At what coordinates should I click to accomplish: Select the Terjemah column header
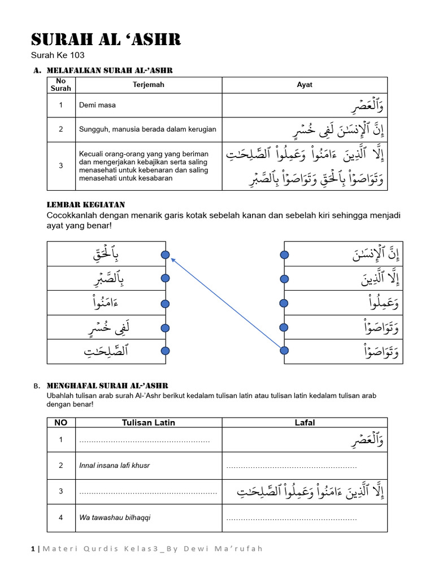147,85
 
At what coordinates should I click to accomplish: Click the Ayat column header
305,85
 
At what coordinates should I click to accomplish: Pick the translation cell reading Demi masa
98,106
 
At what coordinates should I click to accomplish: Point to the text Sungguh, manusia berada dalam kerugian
147,129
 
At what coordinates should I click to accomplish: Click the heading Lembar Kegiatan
85,204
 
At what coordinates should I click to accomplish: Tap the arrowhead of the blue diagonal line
172,259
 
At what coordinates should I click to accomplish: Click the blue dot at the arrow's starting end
284,351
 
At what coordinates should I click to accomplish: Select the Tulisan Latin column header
149,422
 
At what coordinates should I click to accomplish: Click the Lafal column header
305,422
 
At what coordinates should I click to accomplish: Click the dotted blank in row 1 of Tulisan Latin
144,440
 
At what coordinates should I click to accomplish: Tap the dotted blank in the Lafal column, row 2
292,466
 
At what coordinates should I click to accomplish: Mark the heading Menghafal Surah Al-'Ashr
107,385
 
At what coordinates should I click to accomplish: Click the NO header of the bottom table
60,422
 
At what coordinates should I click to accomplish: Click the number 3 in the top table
60,165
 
